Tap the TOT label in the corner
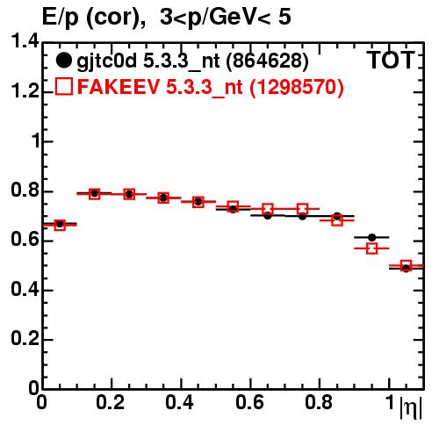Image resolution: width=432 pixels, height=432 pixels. point(391,61)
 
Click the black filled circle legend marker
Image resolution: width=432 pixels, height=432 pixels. point(63,61)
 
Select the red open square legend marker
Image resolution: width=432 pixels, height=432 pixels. point(64,86)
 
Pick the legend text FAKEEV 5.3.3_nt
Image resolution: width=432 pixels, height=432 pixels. point(160,87)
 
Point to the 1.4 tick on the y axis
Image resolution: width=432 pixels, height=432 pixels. point(25,41)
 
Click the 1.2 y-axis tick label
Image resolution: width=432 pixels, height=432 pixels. point(25,91)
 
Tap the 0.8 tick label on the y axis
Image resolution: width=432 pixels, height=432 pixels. point(25,191)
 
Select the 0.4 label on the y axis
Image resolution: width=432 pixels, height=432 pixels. point(25,289)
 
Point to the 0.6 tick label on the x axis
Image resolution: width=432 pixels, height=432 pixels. point(249,402)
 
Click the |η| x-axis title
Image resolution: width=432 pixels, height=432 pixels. point(411,407)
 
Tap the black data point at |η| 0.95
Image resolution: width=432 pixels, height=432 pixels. point(371,237)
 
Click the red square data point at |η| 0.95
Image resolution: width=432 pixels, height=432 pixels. point(371,248)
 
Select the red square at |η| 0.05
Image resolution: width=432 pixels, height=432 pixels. point(60,225)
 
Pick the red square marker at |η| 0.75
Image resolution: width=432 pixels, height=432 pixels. point(302,209)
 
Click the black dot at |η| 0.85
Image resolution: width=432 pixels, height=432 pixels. point(337,217)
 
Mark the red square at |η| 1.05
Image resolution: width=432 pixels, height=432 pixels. point(407,265)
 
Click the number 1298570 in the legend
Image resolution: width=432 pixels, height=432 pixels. point(296,87)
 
